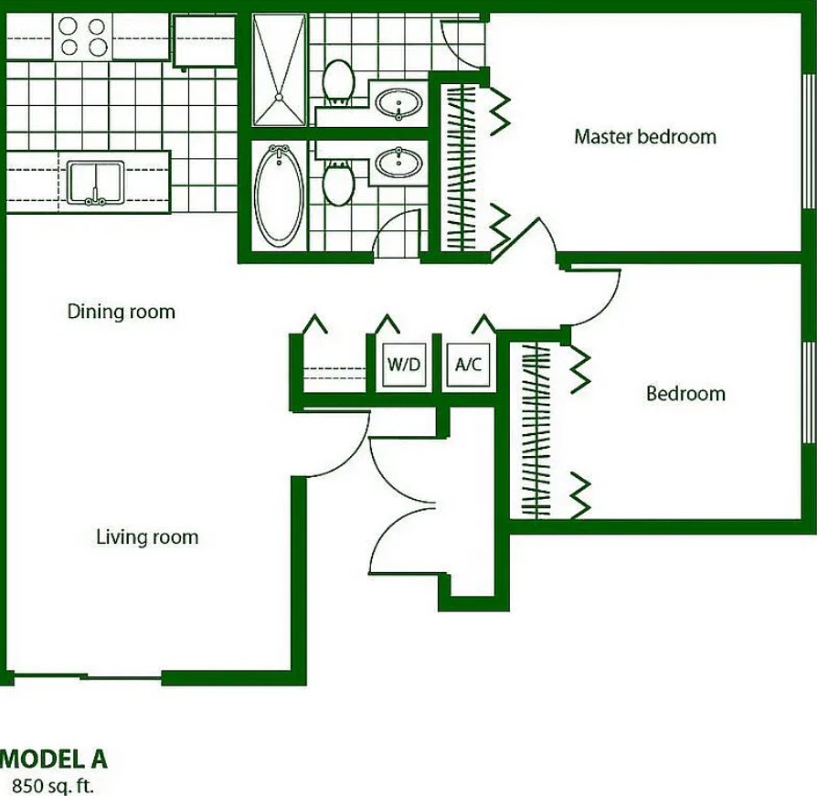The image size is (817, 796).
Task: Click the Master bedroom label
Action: click(645, 137)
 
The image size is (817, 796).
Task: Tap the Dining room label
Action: click(121, 312)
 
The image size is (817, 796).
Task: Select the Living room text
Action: click(147, 537)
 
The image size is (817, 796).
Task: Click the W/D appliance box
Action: click(404, 364)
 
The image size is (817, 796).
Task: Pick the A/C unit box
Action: click(468, 364)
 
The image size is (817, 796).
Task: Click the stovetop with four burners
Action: click(82, 37)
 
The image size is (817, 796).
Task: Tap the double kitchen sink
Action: click(95, 183)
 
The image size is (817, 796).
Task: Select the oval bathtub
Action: click(279, 196)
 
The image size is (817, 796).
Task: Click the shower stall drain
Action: click(279, 97)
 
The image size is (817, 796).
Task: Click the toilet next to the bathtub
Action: click(338, 184)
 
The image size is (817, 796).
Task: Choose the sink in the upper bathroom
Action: click(398, 103)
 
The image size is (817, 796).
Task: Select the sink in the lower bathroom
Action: click(398, 163)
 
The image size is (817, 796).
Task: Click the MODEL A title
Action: click(54, 759)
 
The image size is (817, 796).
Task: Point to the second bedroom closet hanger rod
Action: click(536, 430)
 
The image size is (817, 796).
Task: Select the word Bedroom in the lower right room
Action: click(685, 394)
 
